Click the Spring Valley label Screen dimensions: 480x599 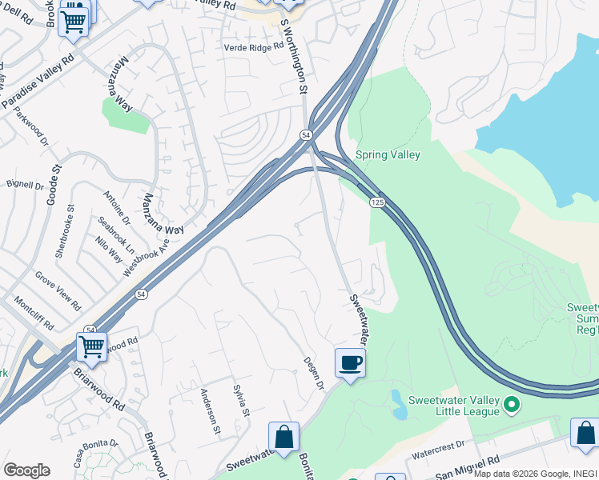point(388,154)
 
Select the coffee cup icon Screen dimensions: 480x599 point(350,363)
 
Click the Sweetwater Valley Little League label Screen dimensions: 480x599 point(454,406)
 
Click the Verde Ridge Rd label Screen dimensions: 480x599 point(255,46)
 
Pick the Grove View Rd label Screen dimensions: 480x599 point(58,290)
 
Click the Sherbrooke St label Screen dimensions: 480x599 point(65,231)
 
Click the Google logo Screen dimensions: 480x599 point(26,470)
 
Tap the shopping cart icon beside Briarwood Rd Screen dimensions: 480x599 point(92,347)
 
